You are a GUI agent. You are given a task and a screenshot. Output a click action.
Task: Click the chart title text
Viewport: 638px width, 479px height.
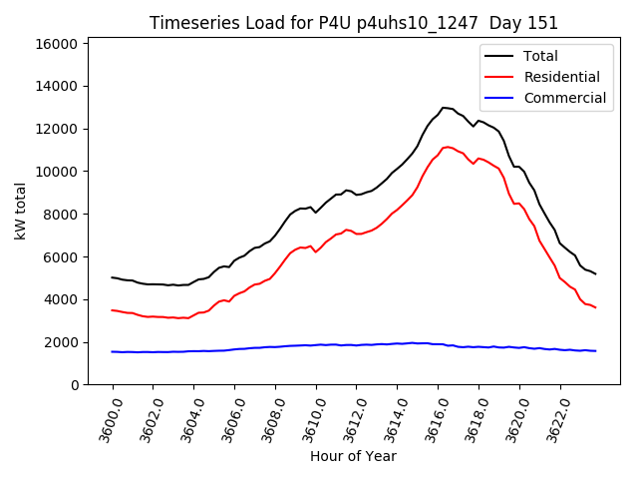[354, 23]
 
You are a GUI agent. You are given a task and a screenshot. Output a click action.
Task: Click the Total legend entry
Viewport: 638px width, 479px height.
[540, 56]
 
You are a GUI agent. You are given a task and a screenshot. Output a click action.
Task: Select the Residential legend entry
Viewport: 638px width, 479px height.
[561, 77]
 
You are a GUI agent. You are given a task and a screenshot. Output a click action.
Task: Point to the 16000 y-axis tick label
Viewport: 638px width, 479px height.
[57, 44]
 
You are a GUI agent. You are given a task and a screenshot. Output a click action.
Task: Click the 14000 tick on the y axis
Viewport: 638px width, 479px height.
[57, 87]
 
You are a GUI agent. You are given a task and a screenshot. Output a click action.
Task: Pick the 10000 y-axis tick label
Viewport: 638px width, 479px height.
[57, 172]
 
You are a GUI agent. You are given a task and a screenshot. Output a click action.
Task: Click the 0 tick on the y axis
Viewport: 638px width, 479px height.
[75, 385]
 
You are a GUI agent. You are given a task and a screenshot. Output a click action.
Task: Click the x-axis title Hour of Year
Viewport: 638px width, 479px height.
[353, 456]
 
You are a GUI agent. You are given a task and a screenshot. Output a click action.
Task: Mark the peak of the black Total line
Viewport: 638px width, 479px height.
[442, 107]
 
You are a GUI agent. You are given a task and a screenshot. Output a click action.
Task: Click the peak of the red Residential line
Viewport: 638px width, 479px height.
[446, 147]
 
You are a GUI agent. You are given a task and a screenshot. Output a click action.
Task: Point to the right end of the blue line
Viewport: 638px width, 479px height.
[596, 350]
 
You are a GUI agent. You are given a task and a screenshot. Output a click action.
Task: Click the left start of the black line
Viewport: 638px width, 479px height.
[112, 277]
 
